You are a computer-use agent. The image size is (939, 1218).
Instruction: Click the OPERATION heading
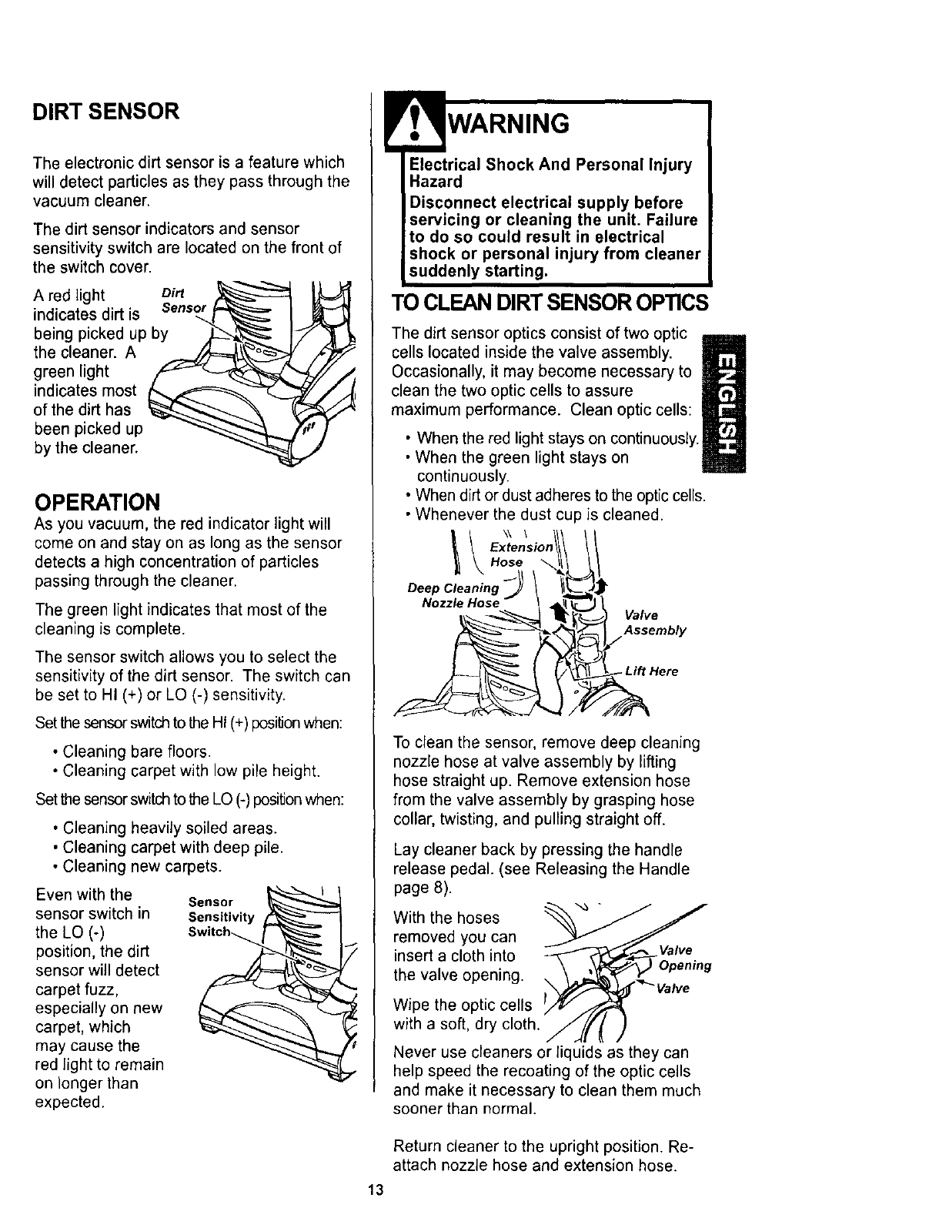point(97,502)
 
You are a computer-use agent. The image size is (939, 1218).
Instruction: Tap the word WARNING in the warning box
point(508,123)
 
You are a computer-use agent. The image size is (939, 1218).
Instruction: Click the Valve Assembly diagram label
point(654,623)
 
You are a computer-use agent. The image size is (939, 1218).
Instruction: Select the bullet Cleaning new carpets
point(142,867)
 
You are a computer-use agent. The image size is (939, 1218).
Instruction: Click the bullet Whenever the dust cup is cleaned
point(539,514)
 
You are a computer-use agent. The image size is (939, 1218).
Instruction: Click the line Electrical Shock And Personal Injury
point(550,165)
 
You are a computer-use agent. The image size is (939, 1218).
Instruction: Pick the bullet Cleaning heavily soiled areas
point(169,828)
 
